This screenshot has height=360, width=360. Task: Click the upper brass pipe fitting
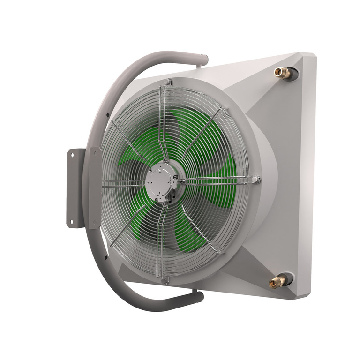282,72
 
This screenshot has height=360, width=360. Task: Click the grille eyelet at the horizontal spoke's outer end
255,179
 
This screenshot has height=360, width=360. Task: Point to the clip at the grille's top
167,83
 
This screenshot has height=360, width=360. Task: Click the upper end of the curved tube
203,60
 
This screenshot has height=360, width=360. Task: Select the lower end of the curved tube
199,297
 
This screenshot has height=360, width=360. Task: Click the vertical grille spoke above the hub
161,127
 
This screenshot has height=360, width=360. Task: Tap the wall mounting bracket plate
76,187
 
